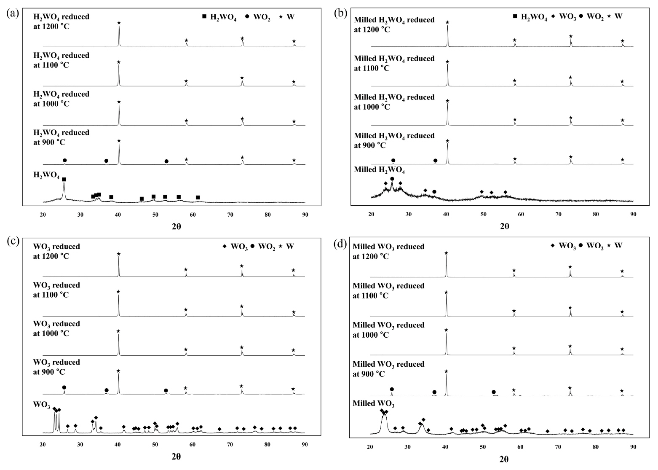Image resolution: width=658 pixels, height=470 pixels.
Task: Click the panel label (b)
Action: coord(340,13)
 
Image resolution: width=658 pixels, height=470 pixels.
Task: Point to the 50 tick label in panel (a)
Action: coord(155,215)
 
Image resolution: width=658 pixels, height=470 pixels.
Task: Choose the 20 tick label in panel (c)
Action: coord(43,444)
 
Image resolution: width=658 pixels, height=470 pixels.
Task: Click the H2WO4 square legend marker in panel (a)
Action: coord(204,16)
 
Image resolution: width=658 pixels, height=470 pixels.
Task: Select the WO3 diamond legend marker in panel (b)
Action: coord(553,16)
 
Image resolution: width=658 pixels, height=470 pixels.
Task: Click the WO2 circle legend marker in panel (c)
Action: coord(252,246)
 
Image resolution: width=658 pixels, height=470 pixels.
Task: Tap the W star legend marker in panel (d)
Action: coord(609,245)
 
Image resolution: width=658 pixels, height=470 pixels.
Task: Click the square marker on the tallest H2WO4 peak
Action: coord(64,180)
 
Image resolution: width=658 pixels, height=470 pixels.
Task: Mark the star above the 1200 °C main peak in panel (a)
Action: coord(119,23)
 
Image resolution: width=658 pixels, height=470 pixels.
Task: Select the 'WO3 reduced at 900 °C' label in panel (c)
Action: coord(56,367)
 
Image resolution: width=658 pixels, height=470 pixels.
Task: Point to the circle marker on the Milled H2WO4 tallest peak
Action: coord(392,179)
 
